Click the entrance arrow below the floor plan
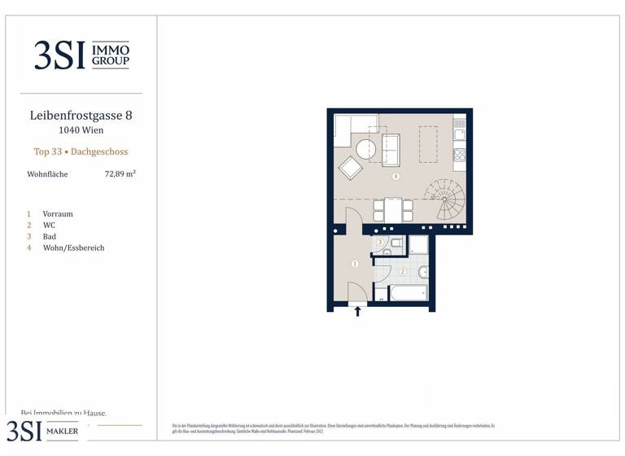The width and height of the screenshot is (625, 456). tap(357, 311)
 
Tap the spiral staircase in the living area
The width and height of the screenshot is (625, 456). tap(445, 199)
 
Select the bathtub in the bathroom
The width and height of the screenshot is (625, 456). tap(408, 292)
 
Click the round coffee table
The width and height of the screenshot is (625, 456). tap(366, 149)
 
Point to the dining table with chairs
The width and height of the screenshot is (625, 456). tap(393, 211)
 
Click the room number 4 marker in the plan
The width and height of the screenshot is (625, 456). tap(396, 176)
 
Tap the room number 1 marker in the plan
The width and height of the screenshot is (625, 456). tap(355, 264)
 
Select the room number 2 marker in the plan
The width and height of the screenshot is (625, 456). tap(402, 271)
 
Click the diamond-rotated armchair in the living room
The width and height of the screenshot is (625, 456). tap(351, 168)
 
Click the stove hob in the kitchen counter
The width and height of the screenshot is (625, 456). tap(460, 154)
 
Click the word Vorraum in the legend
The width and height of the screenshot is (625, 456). tap(58, 213)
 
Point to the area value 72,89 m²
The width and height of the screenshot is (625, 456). tap(120, 173)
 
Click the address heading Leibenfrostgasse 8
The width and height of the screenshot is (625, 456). tap(81, 116)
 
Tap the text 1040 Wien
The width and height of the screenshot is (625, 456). tap(81, 129)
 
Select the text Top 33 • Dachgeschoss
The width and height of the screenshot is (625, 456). tap(81, 151)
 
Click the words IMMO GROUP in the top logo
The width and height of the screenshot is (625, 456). tap(111, 55)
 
